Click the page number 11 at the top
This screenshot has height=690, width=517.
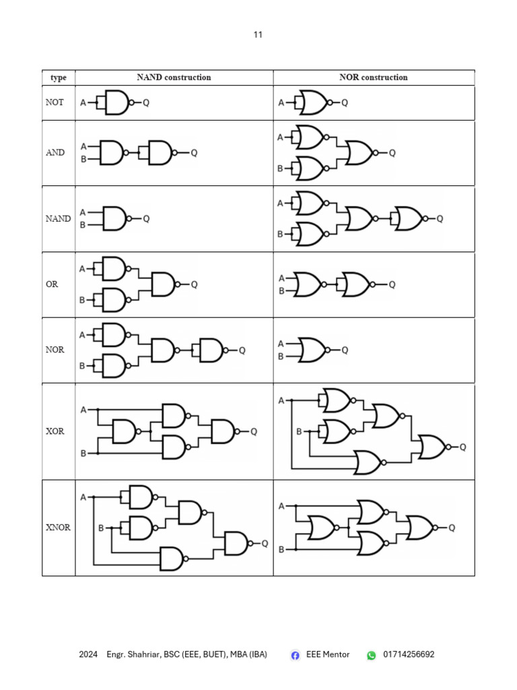point(258,35)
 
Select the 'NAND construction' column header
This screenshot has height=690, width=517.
point(174,77)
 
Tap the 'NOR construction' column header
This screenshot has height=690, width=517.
point(373,77)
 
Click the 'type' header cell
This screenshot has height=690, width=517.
point(59,77)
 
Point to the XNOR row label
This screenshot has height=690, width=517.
point(58,528)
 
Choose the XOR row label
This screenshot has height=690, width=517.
point(55,431)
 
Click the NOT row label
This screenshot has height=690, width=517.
point(55,102)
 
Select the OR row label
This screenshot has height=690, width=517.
point(52,284)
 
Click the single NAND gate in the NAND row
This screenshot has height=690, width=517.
point(115,218)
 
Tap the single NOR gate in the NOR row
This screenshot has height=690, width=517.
point(312,350)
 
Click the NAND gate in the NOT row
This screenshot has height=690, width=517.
point(116,102)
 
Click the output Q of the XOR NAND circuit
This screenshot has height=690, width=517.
point(254,432)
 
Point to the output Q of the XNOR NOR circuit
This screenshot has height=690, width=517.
point(451,528)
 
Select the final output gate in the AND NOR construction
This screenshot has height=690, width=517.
point(360,153)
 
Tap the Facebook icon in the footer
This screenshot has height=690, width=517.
point(295,655)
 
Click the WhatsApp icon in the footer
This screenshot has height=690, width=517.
point(372,655)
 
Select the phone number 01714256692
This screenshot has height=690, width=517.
point(409,654)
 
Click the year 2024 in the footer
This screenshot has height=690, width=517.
point(88,654)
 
